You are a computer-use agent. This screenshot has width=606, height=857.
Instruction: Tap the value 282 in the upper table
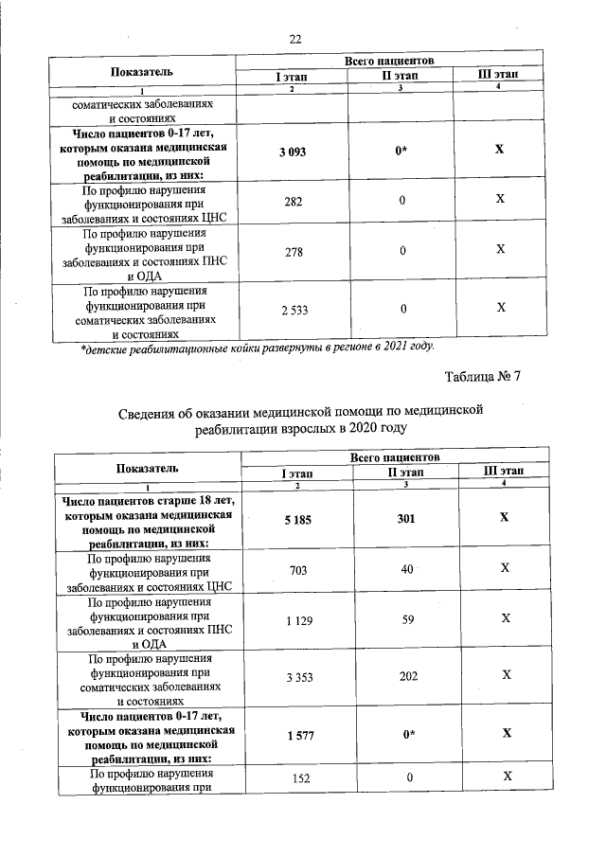click(292, 201)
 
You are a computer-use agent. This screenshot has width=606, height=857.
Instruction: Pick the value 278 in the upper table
click(292, 250)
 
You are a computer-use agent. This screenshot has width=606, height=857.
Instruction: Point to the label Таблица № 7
click(483, 377)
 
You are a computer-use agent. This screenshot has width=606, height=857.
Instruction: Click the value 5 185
click(296, 518)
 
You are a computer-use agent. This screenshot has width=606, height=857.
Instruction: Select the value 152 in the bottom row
click(296, 777)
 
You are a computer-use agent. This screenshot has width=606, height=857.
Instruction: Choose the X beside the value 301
click(505, 518)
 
